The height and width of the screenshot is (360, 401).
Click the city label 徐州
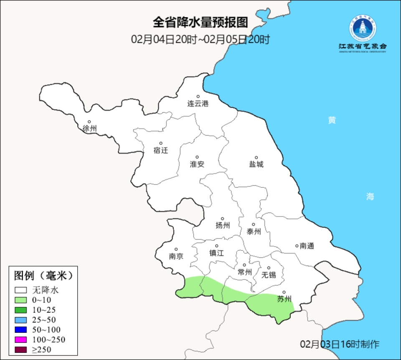tap(89, 129)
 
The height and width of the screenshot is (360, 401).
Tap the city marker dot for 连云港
tap(198, 97)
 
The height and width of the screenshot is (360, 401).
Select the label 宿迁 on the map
tap(160, 151)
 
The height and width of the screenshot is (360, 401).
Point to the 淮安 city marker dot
tap(197, 158)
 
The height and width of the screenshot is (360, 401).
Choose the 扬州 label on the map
tap(223, 226)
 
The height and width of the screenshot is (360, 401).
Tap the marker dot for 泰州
tap(253, 225)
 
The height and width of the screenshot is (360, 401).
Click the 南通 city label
tap(307, 246)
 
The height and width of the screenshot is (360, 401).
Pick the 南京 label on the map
tap(176, 256)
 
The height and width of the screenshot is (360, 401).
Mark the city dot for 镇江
tap(216, 246)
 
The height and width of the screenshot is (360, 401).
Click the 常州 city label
tap(244, 272)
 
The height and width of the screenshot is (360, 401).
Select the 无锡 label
tap(269, 275)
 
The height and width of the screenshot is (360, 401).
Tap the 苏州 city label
tap(284, 299)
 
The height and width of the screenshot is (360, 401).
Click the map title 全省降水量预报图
tap(200, 22)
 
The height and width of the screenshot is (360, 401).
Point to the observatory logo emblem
tap(363, 28)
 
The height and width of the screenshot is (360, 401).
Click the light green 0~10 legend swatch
tap(21, 300)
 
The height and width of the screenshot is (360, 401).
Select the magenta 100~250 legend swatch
tap(21, 339)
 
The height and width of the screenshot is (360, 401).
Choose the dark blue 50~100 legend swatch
tap(21, 329)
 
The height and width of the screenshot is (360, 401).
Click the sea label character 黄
tap(332, 120)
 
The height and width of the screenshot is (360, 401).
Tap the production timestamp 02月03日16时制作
tap(340, 344)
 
